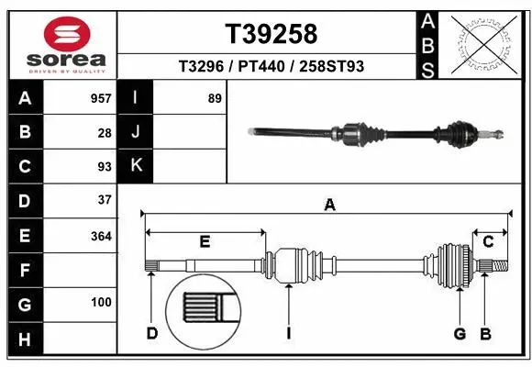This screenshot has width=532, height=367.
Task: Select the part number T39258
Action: [271, 34]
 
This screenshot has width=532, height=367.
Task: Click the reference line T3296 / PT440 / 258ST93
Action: [271, 67]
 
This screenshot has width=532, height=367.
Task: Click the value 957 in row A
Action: [100, 98]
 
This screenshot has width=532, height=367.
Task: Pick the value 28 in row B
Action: [104, 132]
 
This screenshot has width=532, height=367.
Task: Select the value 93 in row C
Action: [104, 166]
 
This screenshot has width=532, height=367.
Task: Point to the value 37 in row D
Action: [104, 200]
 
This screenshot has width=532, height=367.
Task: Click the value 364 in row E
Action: [100, 235]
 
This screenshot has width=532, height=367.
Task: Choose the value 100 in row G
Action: [100, 302]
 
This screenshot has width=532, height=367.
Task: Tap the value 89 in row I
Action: [215, 98]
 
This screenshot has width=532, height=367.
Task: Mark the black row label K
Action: [135, 166]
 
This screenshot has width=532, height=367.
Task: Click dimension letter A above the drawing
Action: [329, 206]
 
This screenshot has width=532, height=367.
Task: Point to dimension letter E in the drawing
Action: [205, 242]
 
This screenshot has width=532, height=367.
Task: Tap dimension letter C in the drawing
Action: [489, 242]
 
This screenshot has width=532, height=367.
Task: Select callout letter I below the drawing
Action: [287, 332]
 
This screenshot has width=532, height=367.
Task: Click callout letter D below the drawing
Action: [152, 332]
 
